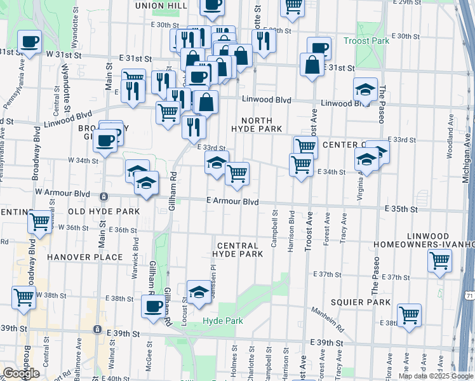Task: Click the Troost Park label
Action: [366, 41]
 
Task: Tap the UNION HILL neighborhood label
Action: [163, 6]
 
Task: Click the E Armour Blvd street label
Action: [232, 201]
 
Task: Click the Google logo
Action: [21, 373]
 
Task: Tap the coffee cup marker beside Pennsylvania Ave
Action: [29, 43]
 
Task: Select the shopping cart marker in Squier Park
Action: [409, 314]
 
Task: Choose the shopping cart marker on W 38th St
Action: [23, 297]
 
